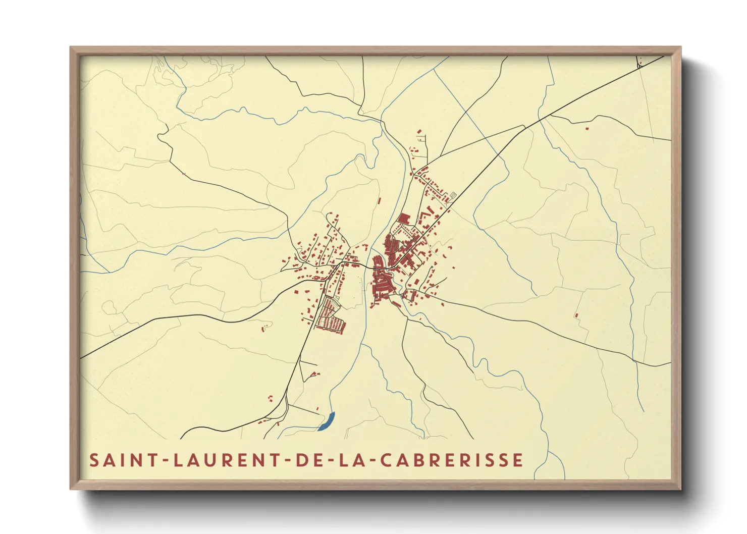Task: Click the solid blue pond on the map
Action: tap(328, 421)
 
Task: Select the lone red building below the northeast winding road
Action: tap(586, 128)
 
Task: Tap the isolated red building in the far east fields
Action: tap(576, 315)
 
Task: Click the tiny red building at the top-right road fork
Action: tap(639, 66)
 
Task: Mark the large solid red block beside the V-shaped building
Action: tap(404, 219)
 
